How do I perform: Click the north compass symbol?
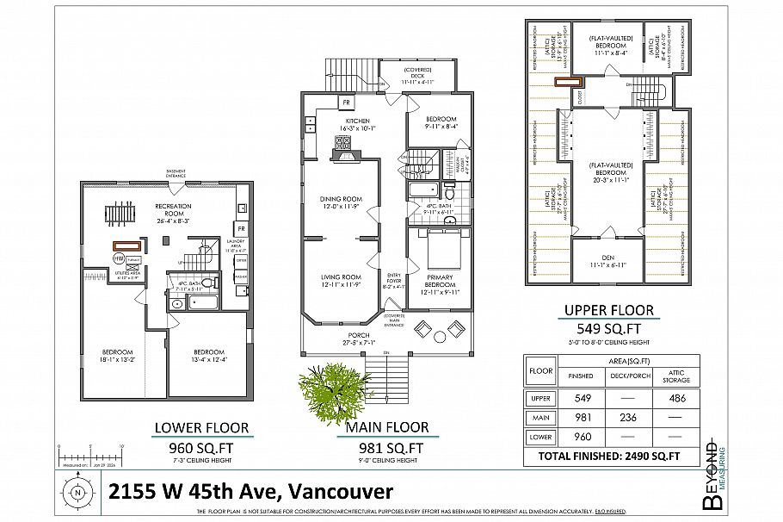click(77, 493)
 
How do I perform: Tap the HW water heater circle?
click(118, 258)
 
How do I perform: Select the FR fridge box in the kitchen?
click(344, 102)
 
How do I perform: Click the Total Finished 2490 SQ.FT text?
click(608, 456)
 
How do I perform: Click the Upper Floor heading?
click(608, 310)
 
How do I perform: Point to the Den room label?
click(609, 258)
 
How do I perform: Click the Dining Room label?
click(340, 202)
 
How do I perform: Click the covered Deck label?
click(421, 75)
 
